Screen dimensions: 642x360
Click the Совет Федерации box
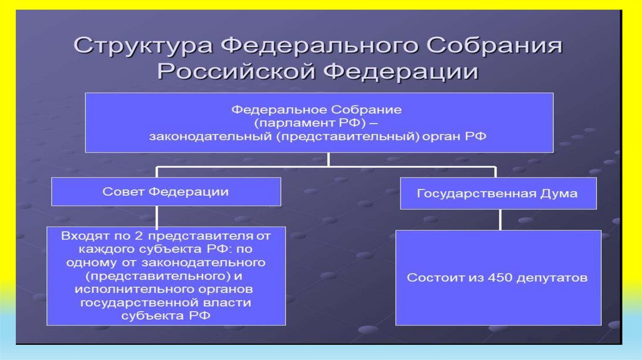click(166, 193)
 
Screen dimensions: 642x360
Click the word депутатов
click(549, 277)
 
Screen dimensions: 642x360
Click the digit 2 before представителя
click(134, 236)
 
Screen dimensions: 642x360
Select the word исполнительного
click(120, 289)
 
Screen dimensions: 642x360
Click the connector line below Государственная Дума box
click(500, 219)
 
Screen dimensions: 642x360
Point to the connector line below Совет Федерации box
click(157, 216)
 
